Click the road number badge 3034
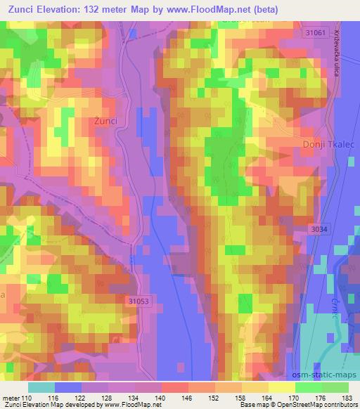(320, 229)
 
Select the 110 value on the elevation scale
(27, 398)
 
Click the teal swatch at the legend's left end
(41, 387)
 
